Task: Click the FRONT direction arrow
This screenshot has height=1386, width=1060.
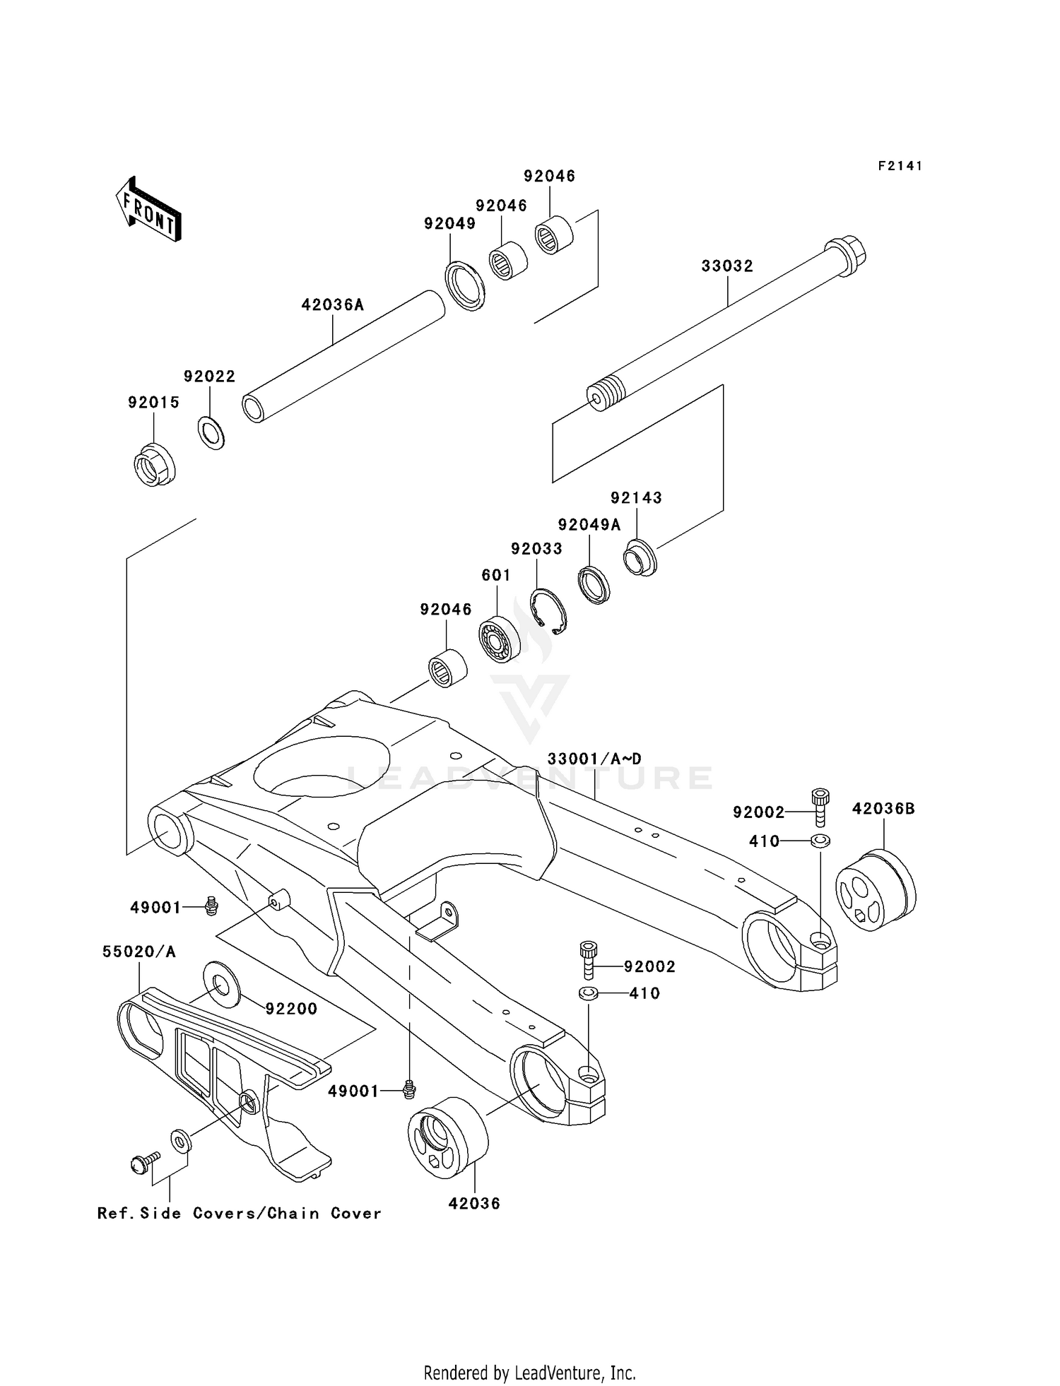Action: click(x=149, y=211)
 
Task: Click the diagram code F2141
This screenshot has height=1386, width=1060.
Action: click(x=900, y=166)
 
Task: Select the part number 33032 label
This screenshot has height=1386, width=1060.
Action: click(x=727, y=266)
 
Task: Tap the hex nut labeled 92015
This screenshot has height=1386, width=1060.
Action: click(x=155, y=464)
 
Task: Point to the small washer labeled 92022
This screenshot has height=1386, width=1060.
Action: click(x=211, y=433)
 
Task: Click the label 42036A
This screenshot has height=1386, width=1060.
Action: click(x=333, y=305)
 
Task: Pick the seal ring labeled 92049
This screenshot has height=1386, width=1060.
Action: click(x=465, y=286)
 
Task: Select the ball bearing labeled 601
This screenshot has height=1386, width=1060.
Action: click(x=500, y=639)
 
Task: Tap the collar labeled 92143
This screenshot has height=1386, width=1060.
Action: click(x=640, y=558)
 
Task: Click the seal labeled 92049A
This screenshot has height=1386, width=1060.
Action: click(x=594, y=585)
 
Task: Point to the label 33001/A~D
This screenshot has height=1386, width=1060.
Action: click(x=594, y=759)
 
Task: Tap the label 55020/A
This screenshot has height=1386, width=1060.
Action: click(x=139, y=952)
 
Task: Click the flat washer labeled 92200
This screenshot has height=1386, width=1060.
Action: click(x=221, y=983)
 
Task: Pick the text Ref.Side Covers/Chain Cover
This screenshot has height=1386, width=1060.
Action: click(x=239, y=1214)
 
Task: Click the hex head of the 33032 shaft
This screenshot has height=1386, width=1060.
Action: click(x=845, y=256)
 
